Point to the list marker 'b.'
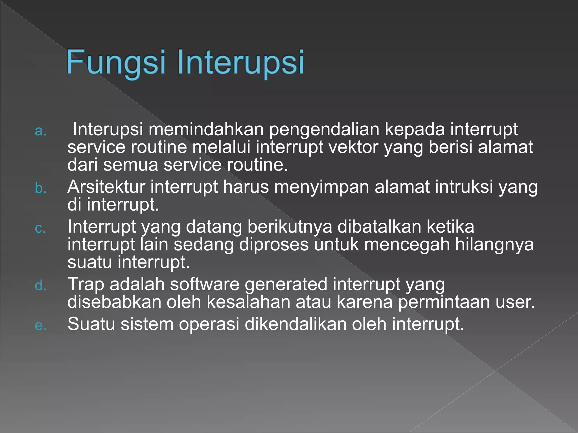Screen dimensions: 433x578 pos(41,188)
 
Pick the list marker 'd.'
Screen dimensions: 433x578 pos(41,286)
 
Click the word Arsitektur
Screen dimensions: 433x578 pos(106,187)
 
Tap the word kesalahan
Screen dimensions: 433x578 pos(248,302)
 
